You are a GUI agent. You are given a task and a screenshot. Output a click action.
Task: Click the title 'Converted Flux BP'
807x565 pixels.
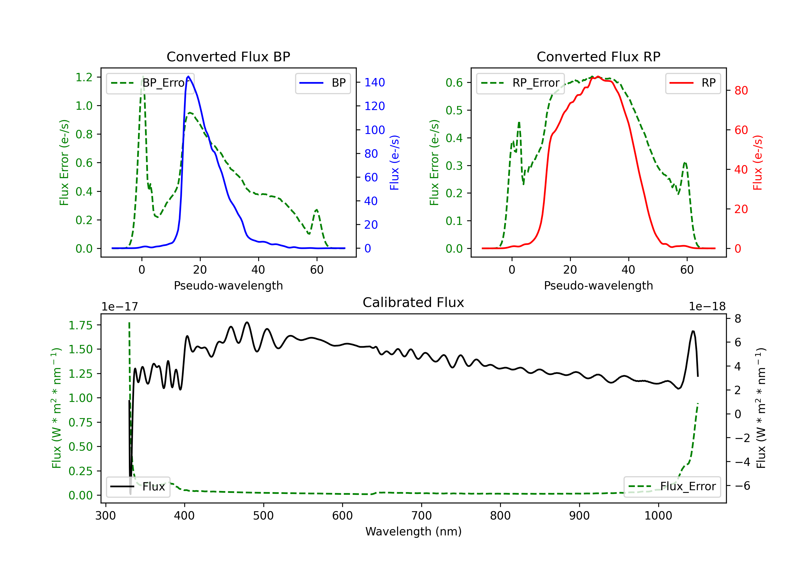tap(228, 56)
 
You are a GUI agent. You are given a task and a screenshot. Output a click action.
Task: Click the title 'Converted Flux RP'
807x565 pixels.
tap(598, 56)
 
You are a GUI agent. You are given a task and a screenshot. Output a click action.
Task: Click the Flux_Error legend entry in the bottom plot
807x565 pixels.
tap(672, 487)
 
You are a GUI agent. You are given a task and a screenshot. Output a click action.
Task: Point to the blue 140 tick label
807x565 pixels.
tap(374, 83)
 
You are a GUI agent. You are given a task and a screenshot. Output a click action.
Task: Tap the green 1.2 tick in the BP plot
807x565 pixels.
tap(84, 77)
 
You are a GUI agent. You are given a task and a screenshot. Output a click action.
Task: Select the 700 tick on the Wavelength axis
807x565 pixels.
tap(421, 516)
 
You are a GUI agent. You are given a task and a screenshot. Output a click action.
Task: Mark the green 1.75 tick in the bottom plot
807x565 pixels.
tap(80, 326)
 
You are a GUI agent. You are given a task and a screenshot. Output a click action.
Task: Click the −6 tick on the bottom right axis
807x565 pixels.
tap(742, 486)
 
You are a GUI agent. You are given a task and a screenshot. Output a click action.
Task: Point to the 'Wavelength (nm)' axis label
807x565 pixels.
tap(413, 532)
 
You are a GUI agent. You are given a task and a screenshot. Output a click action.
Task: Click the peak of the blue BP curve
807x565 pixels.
tap(188, 76)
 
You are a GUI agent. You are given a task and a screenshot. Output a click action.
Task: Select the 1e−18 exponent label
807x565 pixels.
tap(707, 307)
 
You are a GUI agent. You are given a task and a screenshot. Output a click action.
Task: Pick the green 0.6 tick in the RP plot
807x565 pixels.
tap(454, 83)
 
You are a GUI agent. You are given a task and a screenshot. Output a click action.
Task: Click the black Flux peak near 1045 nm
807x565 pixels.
tap(693, 331)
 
